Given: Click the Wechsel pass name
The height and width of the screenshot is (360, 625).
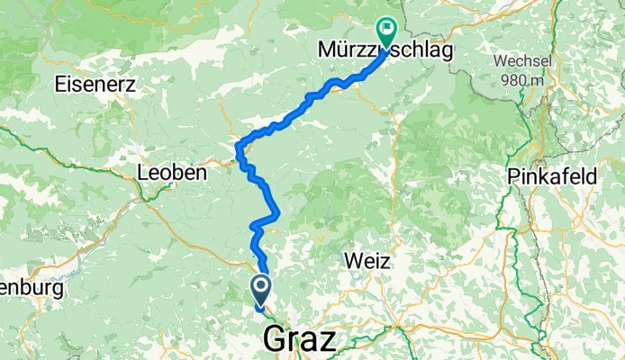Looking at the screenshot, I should tap(521, 62).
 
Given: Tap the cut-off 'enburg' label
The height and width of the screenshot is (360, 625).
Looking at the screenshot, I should tap(32, 290).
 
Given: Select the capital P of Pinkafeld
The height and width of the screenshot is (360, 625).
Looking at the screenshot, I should tap(514, 176).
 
